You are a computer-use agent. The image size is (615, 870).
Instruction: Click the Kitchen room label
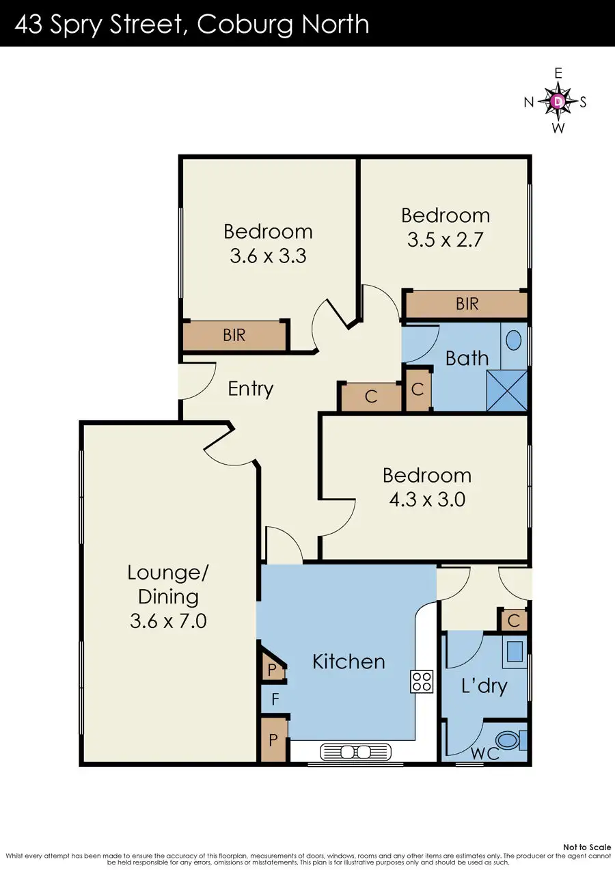coord(348,662)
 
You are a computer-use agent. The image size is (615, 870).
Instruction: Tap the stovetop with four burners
coord(422,681)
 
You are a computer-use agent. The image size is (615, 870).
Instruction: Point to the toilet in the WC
coord(512,740)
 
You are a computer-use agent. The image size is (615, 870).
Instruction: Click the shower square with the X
coord(506,390)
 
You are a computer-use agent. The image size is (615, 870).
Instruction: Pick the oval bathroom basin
coord(514,340)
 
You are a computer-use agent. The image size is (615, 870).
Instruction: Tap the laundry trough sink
coord(515,652)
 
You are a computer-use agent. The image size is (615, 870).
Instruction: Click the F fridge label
coord(275,700)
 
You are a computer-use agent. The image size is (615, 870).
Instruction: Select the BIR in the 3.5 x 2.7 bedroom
coord(467,303)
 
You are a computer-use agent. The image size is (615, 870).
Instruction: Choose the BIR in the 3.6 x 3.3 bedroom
coord(234,335)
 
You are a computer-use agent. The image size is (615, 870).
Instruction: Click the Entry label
coord(250,389)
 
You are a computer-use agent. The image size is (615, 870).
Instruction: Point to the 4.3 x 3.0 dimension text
coord(427,500)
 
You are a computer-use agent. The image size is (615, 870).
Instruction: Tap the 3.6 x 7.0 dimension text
coord(168,621)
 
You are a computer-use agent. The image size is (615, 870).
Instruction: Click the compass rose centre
coord(558,101)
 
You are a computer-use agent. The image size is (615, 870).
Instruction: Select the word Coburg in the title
coord(245,25)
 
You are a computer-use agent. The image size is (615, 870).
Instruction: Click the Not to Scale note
coord(587,847)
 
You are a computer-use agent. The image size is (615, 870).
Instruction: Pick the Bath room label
coord(467,358)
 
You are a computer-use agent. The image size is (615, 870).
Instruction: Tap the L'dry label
coord(484,686)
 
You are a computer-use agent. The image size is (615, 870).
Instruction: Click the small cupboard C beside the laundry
coord(514,621)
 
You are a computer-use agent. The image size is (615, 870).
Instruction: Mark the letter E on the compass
coord(558,73)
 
